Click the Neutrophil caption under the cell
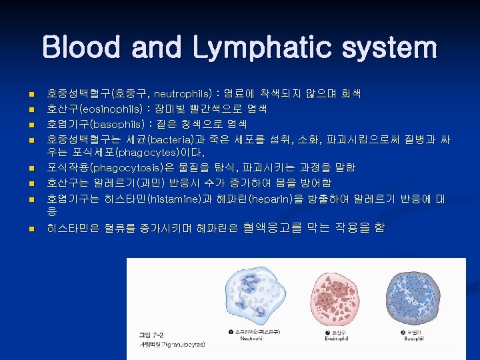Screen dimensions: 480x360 [x=252, y=338]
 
